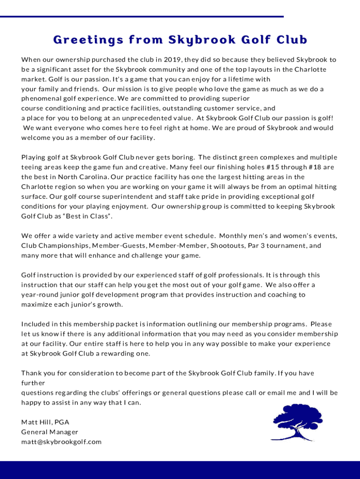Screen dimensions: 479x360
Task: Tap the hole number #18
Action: pos(314,167)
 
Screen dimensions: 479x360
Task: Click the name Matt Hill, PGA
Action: pos(45,422)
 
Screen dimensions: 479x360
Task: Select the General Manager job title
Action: pos(50,432)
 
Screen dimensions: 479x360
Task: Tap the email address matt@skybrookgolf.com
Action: pos(61,442)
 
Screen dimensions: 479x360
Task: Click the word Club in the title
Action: pos(291,40)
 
